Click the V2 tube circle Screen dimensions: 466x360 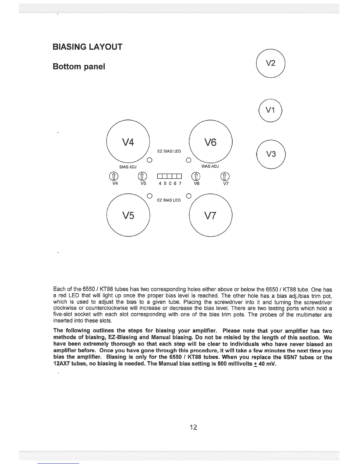(271, 63)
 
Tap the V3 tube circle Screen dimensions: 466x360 (271, 154)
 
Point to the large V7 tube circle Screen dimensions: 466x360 (211, 216)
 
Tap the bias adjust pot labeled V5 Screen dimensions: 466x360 (142, 176)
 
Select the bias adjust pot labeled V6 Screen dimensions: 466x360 (196, 176)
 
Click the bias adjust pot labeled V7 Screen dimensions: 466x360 (225, 176)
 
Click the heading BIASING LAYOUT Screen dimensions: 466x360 (87, 47)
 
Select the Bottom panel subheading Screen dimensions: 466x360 (79, 67)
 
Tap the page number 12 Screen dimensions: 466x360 (193, 427)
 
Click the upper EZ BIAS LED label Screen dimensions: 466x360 (169, 151)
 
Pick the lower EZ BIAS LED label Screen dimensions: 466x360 (169, 200)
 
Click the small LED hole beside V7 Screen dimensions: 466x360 (189, 195)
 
